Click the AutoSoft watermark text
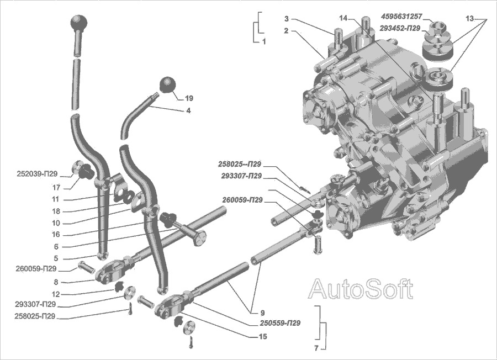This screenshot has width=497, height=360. [x=360, y=288]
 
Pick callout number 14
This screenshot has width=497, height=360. [x=343, y=18]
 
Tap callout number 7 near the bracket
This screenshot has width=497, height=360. [x=316, y=348]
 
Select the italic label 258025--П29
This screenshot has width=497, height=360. [x=240, y=164]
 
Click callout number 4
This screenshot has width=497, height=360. [x=188, y=110]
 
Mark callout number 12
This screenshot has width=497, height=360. [x=56, y=293]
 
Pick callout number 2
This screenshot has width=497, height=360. [x=287, y=31]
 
